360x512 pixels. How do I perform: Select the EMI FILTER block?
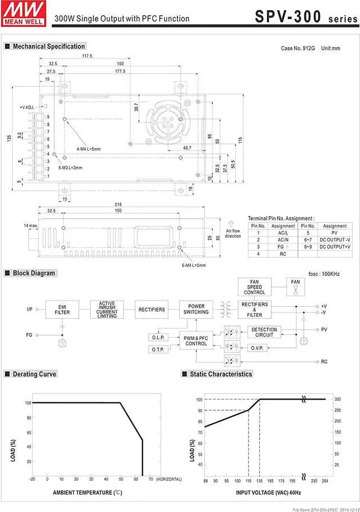click(x=62, y=310)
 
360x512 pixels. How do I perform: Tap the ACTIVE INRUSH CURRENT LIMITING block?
click(x=107, y=310)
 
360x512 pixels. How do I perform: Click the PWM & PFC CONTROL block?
click(x=196, y=340)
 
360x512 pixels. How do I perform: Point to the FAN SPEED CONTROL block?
click(x=254, y=287)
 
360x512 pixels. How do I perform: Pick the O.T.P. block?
click(x=157, y=350)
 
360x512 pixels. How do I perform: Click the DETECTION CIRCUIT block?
click(x=264, y=332)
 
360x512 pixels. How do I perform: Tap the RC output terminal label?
click(x=324, y=362)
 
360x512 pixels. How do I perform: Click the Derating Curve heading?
click(x=34, y=374)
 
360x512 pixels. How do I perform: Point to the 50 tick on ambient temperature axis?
click(x=121, y=479)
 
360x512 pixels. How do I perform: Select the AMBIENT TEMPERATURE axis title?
click(x=87, y=492)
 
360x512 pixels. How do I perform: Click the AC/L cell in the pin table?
click(x=283, y=233)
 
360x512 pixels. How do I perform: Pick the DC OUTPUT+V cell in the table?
click(x=335, y=247)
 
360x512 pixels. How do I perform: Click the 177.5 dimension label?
click(x=120, y=72)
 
